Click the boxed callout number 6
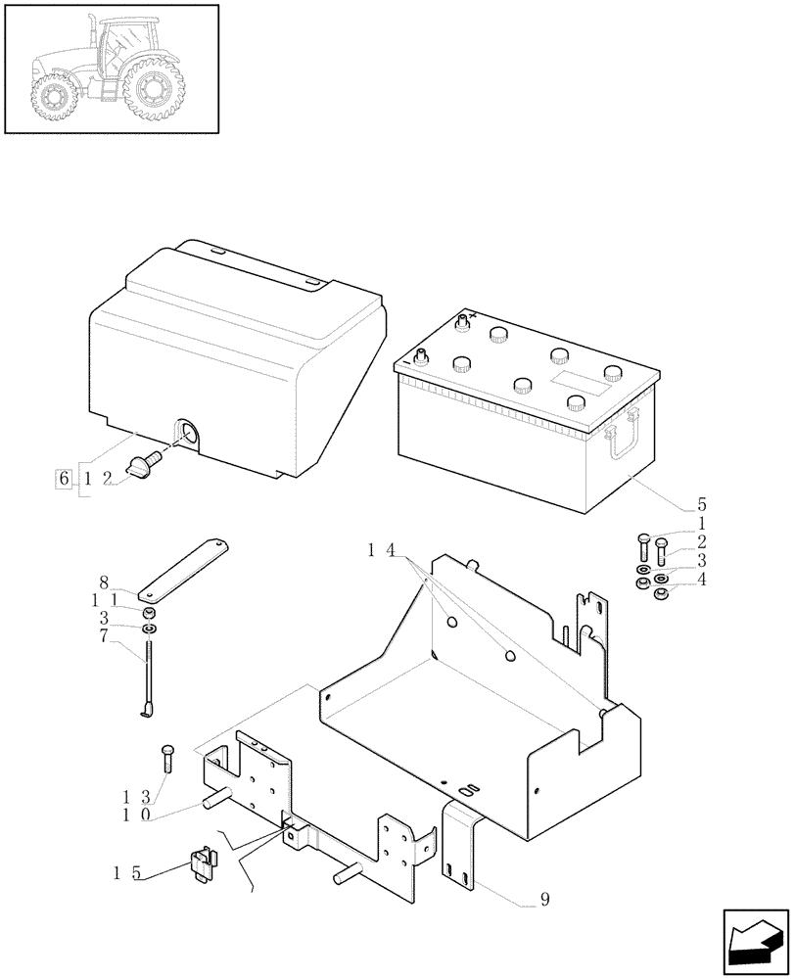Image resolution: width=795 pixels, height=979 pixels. (x=65, y=479)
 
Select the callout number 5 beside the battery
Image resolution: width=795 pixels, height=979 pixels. (x=701, y=506)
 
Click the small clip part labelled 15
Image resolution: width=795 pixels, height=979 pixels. (x=203, y=864)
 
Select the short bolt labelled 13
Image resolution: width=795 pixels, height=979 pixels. (x=166, y=758)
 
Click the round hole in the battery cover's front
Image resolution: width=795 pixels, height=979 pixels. (x=184, y=433)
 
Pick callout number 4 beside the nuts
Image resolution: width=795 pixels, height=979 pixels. (x=701, y=579)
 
